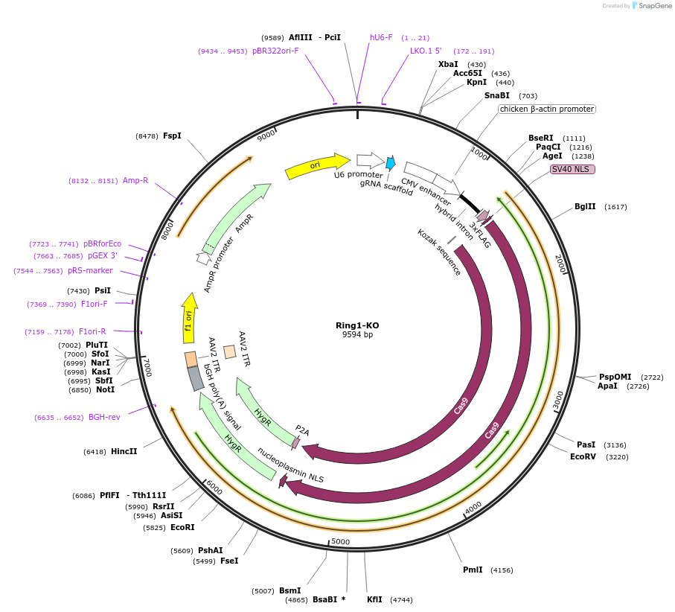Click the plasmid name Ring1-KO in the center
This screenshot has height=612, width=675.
357,325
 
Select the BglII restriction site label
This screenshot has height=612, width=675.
585,207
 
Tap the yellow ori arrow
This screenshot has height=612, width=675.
317,167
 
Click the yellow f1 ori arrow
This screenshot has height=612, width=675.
189,318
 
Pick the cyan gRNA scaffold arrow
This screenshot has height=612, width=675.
391,163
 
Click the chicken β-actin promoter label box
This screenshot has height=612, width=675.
547,109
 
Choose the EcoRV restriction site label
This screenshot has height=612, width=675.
583,456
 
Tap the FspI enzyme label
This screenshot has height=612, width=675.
172,136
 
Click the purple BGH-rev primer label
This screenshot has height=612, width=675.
104,417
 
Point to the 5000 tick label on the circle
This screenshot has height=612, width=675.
340,541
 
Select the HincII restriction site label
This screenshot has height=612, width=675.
124,451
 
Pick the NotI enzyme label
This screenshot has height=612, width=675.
104,389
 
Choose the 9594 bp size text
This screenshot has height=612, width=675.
357,335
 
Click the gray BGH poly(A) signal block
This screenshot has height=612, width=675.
196,378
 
